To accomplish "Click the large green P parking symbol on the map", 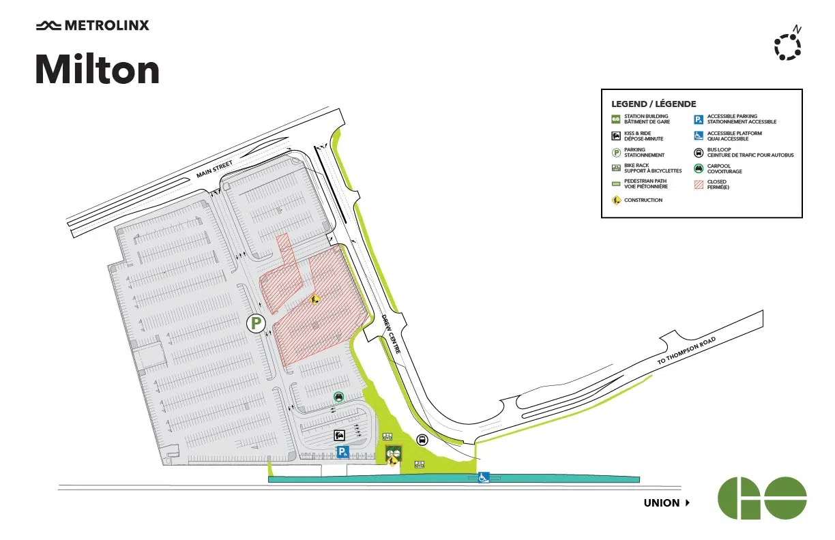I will [255, 323].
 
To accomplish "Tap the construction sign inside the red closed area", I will [314, 299].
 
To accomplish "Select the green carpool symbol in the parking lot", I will [338, 397].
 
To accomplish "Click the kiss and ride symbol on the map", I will [339, 435].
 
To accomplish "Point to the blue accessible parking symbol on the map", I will [343, 451].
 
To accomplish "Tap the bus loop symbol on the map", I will [422, 440].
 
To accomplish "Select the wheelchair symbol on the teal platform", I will [483, 477].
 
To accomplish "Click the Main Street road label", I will [215, 169].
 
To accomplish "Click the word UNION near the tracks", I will [662, 503].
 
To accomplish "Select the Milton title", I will [98, 70].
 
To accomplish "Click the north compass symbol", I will [788, 45].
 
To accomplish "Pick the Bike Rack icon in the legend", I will [616, 168].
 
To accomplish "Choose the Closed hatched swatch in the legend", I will [699, 184].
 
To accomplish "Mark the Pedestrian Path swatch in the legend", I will [616, 183].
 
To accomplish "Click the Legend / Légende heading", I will [654, 104].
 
